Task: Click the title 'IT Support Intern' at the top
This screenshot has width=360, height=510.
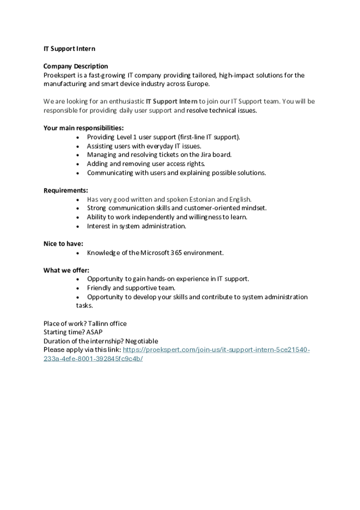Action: tap(69, 49)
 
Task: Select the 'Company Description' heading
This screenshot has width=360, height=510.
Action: tap(76, 66)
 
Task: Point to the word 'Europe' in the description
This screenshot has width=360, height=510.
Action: tap(198, 84)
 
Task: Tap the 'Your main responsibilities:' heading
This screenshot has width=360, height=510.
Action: tap(83, 128)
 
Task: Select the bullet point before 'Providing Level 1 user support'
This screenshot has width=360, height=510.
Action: tap(78, 138)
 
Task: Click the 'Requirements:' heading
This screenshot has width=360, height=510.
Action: tap(66, 191)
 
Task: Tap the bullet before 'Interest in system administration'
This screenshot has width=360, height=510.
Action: tap(78, 227)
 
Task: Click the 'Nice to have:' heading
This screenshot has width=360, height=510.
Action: tap(63, 244)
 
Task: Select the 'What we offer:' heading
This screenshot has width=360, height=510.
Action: tap(66, 271)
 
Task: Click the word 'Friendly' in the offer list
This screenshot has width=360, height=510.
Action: tap(99, 288)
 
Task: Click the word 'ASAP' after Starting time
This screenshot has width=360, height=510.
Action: tap(94, 332)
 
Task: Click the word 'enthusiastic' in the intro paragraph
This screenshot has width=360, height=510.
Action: tap(126, 102)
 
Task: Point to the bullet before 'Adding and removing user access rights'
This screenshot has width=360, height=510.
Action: tap(78, 164)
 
